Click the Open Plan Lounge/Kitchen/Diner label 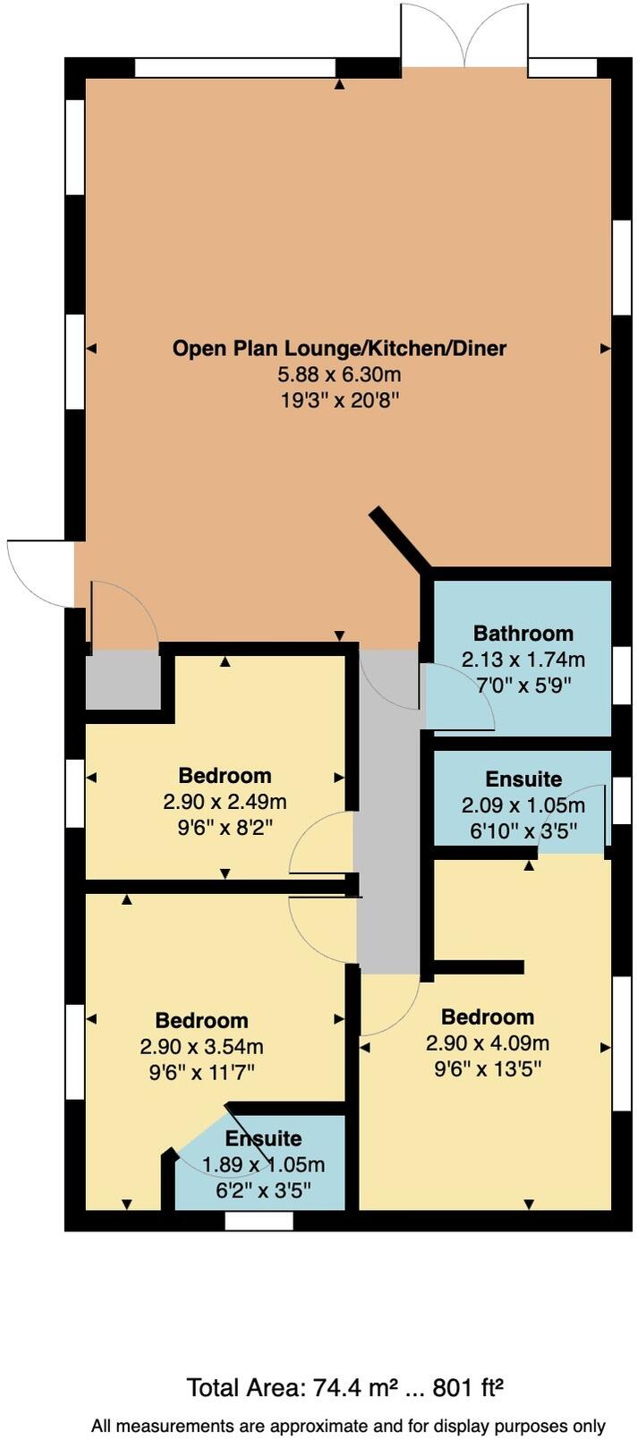(x=339, y=348)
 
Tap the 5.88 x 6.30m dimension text (x=339, y=374)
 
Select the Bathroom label (x=523, y=634)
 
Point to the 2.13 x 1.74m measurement (x=523, y=660)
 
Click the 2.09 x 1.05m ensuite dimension (x=523, y=805)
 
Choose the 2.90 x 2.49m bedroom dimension (x=225, y=801)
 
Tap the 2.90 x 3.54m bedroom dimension (x=201, y=1046)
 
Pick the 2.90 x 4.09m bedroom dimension (x=488, y=1043)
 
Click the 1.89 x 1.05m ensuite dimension (x=263, y=1164)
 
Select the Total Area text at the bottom (x=344, y=1388)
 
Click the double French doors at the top (x=464, y=36)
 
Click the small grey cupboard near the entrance (x=122, y=680)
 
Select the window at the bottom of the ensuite (x=259, y=1221)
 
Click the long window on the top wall (x=234, y=68)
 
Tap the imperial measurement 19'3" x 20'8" (x=339, y=400)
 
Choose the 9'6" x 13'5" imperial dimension (x=488, y=1069)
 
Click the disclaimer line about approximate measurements (x=348, y=1426)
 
